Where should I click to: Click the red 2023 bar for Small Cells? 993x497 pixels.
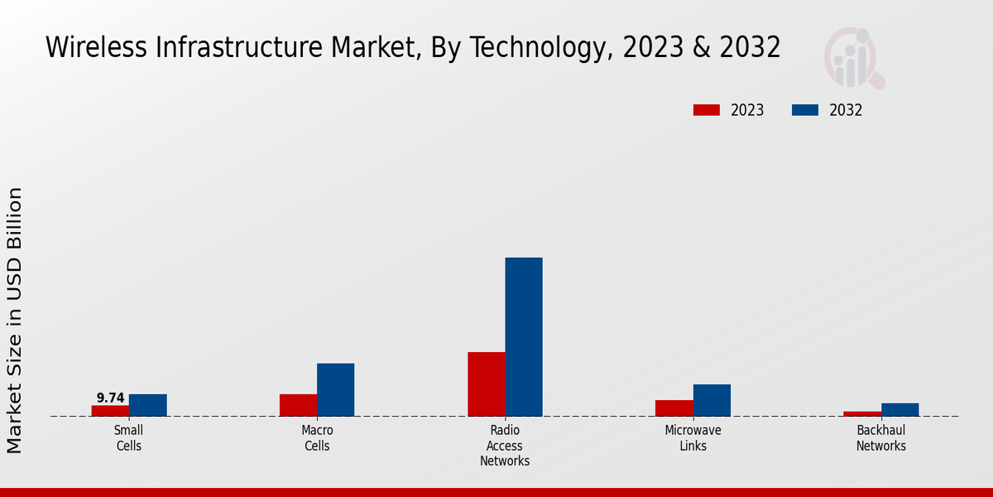[x=110, y=411]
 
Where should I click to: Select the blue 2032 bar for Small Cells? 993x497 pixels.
[x=147, y=405]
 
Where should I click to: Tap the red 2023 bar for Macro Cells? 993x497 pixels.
[x=298, y=405]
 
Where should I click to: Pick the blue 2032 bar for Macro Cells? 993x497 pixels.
[x=335, y=389]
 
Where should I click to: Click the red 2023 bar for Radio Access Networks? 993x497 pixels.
[x=486, y=384]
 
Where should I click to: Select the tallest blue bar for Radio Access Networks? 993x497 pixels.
[x=524, y=337]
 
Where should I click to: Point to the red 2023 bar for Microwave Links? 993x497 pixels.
[x=674, y=408]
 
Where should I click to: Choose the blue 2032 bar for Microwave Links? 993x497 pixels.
[x=712, y=400]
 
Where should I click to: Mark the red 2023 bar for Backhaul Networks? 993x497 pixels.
[x=862, y=413]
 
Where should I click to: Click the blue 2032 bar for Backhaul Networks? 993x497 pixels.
[x=899, y=409]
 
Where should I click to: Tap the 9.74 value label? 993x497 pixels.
[x=110, y=398]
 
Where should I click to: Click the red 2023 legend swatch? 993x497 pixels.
[x=707, y=110]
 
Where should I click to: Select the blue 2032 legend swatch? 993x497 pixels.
[x=805, y=110]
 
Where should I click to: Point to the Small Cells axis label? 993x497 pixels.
[x=128, y=438]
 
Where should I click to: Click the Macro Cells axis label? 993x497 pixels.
[x=317, y=438]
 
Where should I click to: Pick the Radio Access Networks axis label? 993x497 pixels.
[x=505, y=446]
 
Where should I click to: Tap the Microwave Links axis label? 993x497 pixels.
[x=693, y=438]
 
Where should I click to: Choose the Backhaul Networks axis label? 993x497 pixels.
[x=880, y=438]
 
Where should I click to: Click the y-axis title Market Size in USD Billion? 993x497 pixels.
[x=15, y=320]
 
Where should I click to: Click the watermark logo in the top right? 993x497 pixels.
[x=853, y=58]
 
